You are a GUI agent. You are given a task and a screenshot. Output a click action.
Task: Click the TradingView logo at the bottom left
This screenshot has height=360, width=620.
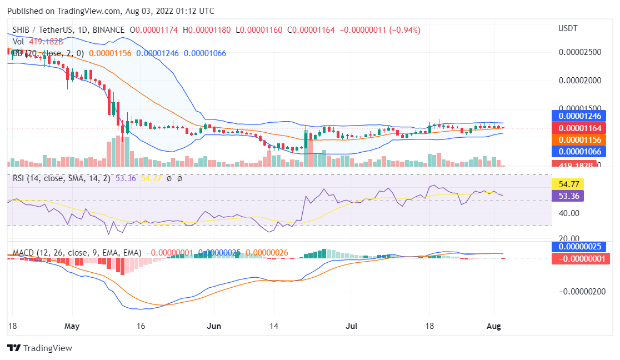(39, 348)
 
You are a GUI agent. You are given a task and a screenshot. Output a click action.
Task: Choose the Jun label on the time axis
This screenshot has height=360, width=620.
(214, 326)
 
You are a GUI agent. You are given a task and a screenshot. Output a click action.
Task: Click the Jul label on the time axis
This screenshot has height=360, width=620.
(351, 326)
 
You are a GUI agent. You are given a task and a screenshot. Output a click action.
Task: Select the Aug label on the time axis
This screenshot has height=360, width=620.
(494, 326)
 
